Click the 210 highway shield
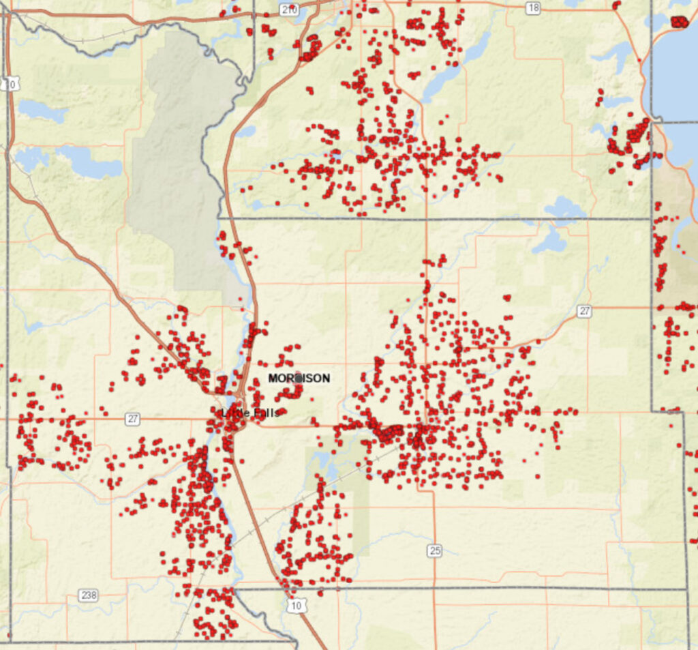pyautogui.click(x=289, y=9)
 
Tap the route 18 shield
pyautogui.click(x=533, y=8)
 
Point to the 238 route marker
pyautogui.click(x=87, y=595)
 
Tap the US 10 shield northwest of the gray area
pyautogui.click(x=9, y=84)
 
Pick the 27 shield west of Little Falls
pyautogui.click(x=132, y=419)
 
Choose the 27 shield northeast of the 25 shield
pyautogui.click(x=584, y=311)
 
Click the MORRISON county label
pyautogui.click(x=299, y=378)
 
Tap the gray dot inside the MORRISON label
pyautogui.click(x=298, y=378)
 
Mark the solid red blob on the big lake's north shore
pyautogui.click(x=680, y=21)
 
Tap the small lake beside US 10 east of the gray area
pyautogui.click(x=246, y=130)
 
